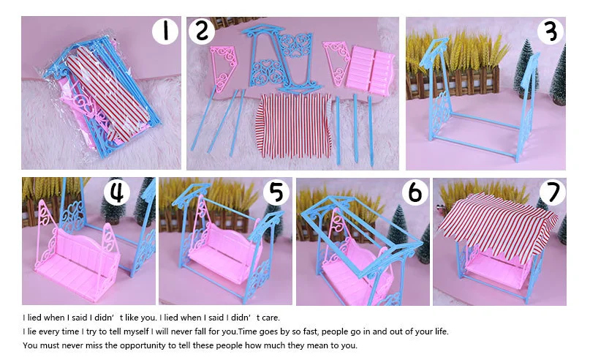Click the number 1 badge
165,31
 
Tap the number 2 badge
202,31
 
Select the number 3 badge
551,31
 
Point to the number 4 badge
117,192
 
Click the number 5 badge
276,192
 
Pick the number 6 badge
415,192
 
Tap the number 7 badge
553,192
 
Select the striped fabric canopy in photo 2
294,127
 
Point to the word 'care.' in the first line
271,318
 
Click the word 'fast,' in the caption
311,331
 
